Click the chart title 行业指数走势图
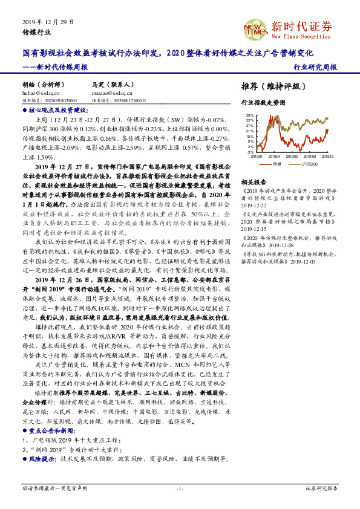tap(263, 103)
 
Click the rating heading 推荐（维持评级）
tap(269, 86)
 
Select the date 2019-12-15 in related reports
tap(254, 229)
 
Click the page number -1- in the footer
tap(180, 488)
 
